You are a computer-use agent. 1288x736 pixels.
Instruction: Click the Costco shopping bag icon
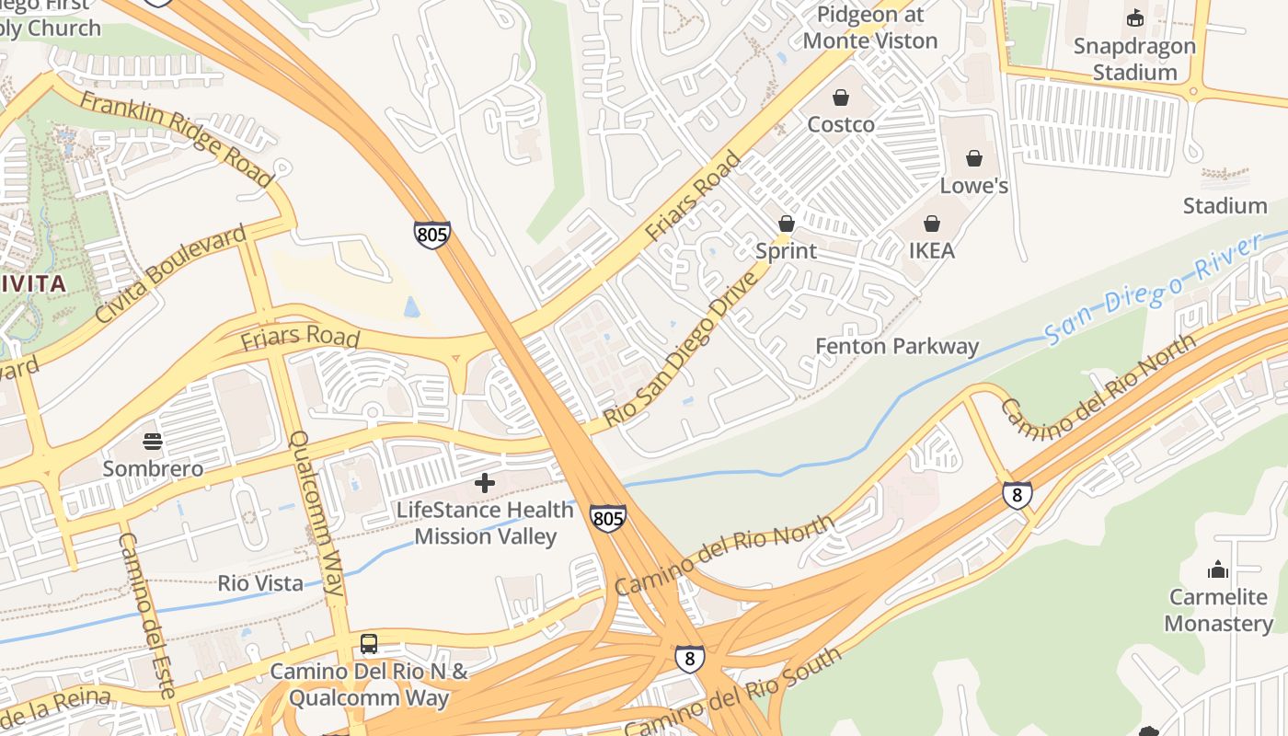(841, 98)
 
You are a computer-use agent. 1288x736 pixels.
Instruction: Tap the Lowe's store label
(973, 186)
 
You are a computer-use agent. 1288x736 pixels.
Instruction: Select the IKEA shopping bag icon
(932, 224)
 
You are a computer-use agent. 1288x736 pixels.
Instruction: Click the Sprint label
(786, 251)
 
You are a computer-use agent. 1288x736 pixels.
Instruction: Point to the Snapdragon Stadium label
(1134, 59)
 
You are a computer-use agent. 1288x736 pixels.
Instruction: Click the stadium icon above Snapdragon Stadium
(1135, 17)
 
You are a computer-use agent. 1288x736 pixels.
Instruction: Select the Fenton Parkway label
(897, 347)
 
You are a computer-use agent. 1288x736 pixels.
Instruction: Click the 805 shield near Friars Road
(431, 235)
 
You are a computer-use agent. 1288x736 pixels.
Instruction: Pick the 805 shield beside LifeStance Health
(607, 519)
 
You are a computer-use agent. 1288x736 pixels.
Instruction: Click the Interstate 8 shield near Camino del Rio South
(690, 658)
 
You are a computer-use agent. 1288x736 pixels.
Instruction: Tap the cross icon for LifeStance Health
(485, 483)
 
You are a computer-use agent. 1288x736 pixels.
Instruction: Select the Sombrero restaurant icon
(153, 443)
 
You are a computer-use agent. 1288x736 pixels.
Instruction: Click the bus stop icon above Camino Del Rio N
(369, 644)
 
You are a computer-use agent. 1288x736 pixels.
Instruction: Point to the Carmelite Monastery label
(1218, 610)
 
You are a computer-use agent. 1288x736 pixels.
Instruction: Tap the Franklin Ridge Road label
(176, 139)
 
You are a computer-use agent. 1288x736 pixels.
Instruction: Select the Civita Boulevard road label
(171, 273)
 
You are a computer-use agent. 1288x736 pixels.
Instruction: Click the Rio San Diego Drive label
(683, 349)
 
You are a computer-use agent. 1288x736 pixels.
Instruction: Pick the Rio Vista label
(260, 583)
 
